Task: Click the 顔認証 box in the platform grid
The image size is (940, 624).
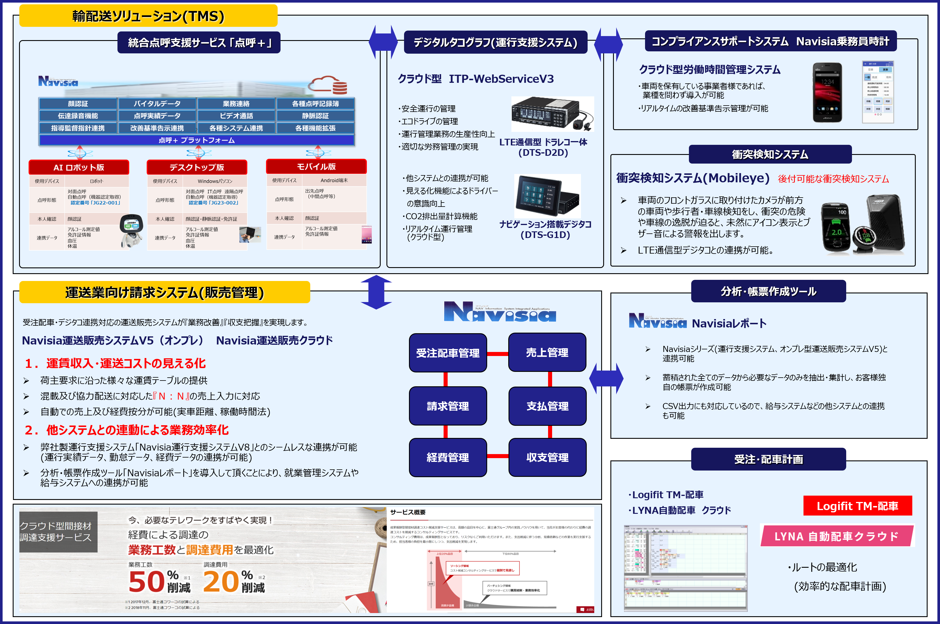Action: pyautogui.click(x=78, y=104)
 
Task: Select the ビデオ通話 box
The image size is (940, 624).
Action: pyautogui.click(x=236, y=116)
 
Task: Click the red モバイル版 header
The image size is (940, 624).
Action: pyautogui.click(x=316, y=167)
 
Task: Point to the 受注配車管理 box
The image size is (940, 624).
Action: pyautogui.click(x=448, y=353)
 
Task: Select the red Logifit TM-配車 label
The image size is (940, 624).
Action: pyautogui.click(x=857, y=506)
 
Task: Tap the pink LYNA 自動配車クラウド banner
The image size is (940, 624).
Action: pyautogui.click(x=836, y=536)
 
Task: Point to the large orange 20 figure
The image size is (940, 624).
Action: pyautogui.click(x=221, y=582)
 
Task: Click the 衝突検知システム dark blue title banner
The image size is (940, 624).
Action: pyautogui.click(x=770, y=154)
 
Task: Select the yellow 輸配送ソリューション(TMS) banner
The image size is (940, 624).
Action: pyautogui.click(x=148, y=16)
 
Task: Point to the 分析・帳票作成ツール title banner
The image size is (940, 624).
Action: pyautogui.click(x=768, y=292)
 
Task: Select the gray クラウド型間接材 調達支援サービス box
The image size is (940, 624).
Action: pyautogui.click(x=58, y=532)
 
